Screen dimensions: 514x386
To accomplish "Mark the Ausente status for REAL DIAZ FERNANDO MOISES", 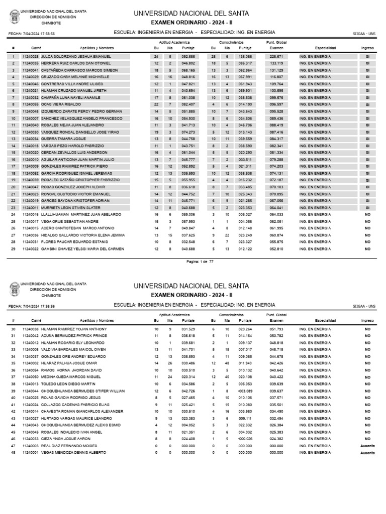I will coord(367,446).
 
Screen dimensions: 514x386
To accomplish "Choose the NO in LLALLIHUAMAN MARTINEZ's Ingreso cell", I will coord(367,214).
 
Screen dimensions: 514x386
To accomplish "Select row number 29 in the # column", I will coord(13,248).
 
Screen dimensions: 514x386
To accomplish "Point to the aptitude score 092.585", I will coord(188,57).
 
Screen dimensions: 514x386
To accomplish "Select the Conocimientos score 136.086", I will coord(245,57).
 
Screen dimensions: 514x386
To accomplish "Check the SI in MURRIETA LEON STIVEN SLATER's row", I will coord(367,207).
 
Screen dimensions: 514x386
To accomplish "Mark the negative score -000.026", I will coord(245,439).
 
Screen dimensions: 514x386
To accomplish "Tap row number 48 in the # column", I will coord(13,452).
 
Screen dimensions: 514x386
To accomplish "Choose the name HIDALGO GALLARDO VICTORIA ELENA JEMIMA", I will coord(83,235).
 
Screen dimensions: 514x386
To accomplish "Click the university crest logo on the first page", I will coord(14,17).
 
